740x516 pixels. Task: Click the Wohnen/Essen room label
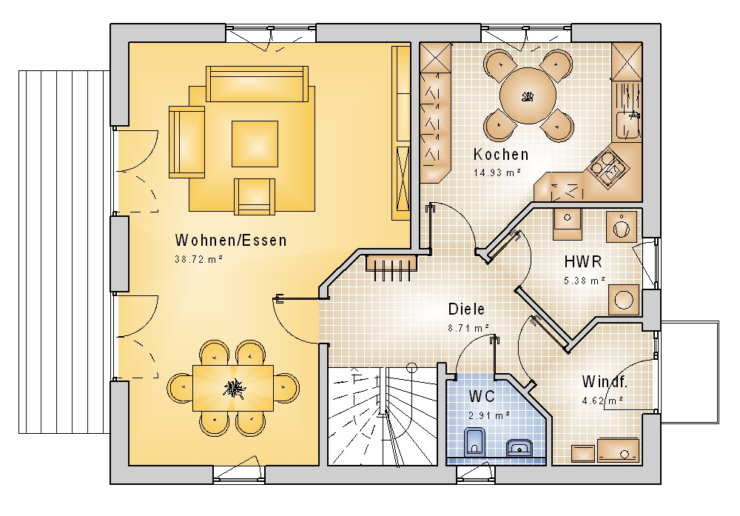(x=231, y=241)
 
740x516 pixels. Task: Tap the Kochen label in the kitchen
(x=501, y=155)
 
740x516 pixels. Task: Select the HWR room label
(x=583, y=261)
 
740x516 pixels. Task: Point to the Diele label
(x=466, y=309)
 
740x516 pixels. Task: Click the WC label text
(x=482, y=396)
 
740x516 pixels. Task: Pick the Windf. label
(x=605, y=381)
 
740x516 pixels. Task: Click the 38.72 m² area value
(x=198, y=259)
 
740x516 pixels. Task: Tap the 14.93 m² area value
(x=497, y=172)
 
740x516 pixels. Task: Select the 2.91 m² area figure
(x=489, y=415)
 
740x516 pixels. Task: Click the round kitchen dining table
(x=528, y=96)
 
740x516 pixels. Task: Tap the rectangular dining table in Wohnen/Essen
(x=233, y=388)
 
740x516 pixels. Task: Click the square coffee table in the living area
(x=255, y=144)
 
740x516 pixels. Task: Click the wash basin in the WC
(x=519, y=448)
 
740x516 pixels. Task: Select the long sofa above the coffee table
(x=258, y=84)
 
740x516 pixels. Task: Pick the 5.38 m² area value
(x=585, y=281)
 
